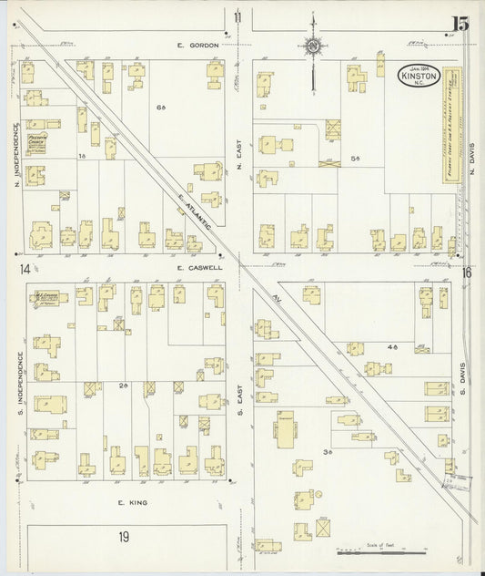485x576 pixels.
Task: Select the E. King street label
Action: click(x=132, y=502)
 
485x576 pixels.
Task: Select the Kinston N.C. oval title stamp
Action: click(x=419, y=76)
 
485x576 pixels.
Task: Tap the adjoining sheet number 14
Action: click(x=23, y=268)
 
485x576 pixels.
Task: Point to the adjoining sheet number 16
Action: click(x=466, y=272)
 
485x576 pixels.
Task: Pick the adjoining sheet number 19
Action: click(x=124, y=538)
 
